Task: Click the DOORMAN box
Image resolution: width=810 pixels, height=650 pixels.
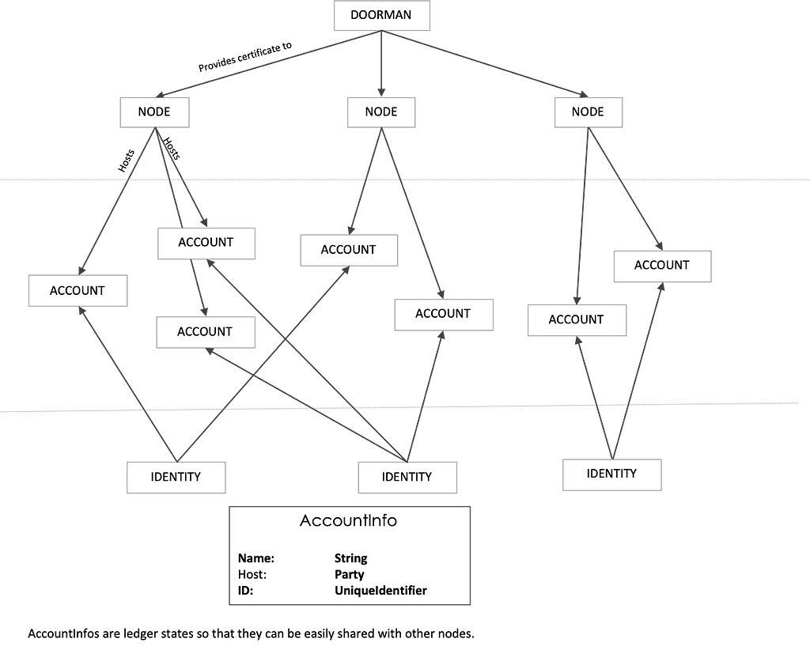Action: click(382, 16)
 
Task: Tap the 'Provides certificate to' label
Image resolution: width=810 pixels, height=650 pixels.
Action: click(245, 56)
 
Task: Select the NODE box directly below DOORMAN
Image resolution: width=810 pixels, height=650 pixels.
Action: click(381, 112)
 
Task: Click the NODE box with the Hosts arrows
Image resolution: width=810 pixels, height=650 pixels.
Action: click(154, 112)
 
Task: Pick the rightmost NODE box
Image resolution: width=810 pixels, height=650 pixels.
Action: click(589, 112)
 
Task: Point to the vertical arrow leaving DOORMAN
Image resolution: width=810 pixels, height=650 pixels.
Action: click(381, 63)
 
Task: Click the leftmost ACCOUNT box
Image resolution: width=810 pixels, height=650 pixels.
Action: click(78, 291)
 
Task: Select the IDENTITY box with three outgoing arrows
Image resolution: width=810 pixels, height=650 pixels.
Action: click(407, 477)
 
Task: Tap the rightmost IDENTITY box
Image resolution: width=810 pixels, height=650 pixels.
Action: click(612, 474)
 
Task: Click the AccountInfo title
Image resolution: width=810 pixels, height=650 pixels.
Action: click(349, 520)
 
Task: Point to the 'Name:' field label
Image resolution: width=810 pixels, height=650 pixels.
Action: click(256, 558)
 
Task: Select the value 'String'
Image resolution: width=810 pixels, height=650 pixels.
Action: click(350, 558)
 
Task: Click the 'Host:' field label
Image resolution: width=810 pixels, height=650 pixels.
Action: click(252, 575)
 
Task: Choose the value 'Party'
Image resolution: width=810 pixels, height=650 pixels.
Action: click(349, 575)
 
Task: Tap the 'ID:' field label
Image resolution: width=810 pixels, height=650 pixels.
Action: click(245, 591)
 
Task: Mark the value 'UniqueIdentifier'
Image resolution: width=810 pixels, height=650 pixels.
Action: click(380, 591)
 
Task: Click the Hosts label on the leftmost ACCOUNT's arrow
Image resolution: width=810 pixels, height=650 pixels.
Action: click(126, 160)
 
